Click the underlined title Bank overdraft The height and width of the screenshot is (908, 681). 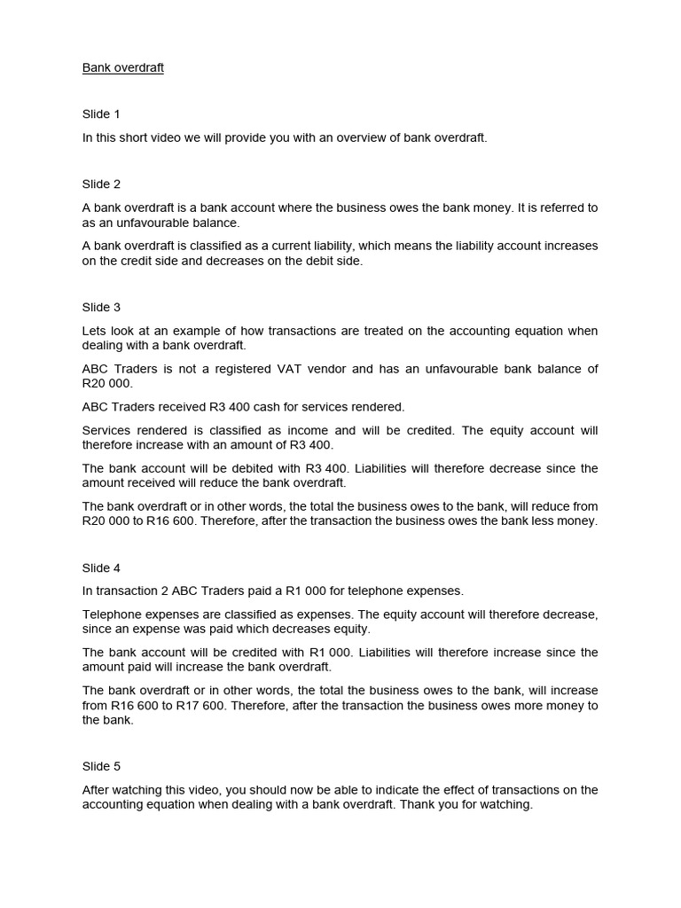click(123, 67)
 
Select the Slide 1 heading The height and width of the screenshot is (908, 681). click(101, 114)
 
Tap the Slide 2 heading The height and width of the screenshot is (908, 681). click(101, 184)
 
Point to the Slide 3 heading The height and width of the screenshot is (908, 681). click(101, 308)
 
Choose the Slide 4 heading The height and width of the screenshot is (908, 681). click(101, 567)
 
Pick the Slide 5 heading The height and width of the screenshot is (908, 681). click(101, 766)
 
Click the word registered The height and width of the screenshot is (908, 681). click(262, 369)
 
